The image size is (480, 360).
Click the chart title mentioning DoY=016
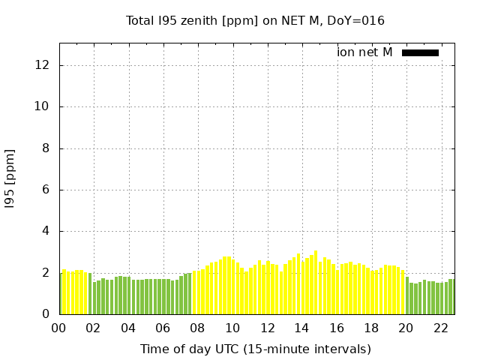(x=255, y=21)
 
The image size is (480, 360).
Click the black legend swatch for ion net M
(x=420, y=52)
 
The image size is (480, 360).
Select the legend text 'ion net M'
(x=364, y=52)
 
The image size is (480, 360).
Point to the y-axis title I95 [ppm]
(x=10, y=178)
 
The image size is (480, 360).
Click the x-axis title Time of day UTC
(x=255, y=349)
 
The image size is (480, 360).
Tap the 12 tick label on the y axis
(x=43, y=65)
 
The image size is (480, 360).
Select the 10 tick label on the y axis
(x=43, y=106)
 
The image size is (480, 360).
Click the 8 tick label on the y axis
(x=46, y=148)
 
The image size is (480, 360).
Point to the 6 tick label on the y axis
(x=46, y=190)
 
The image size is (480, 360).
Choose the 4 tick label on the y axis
(x=46, y=232)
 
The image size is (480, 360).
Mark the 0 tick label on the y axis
(x=46, y=314)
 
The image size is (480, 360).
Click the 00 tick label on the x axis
(x=59, y=328)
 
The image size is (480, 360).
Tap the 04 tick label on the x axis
(x=128, y=328)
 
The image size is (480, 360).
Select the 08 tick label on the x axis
(x=198, y=328)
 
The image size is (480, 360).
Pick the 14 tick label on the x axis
(x=301, y=328)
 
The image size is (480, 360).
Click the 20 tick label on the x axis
(x=406, y=328)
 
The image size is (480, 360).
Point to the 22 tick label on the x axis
(x=440, y=328)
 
